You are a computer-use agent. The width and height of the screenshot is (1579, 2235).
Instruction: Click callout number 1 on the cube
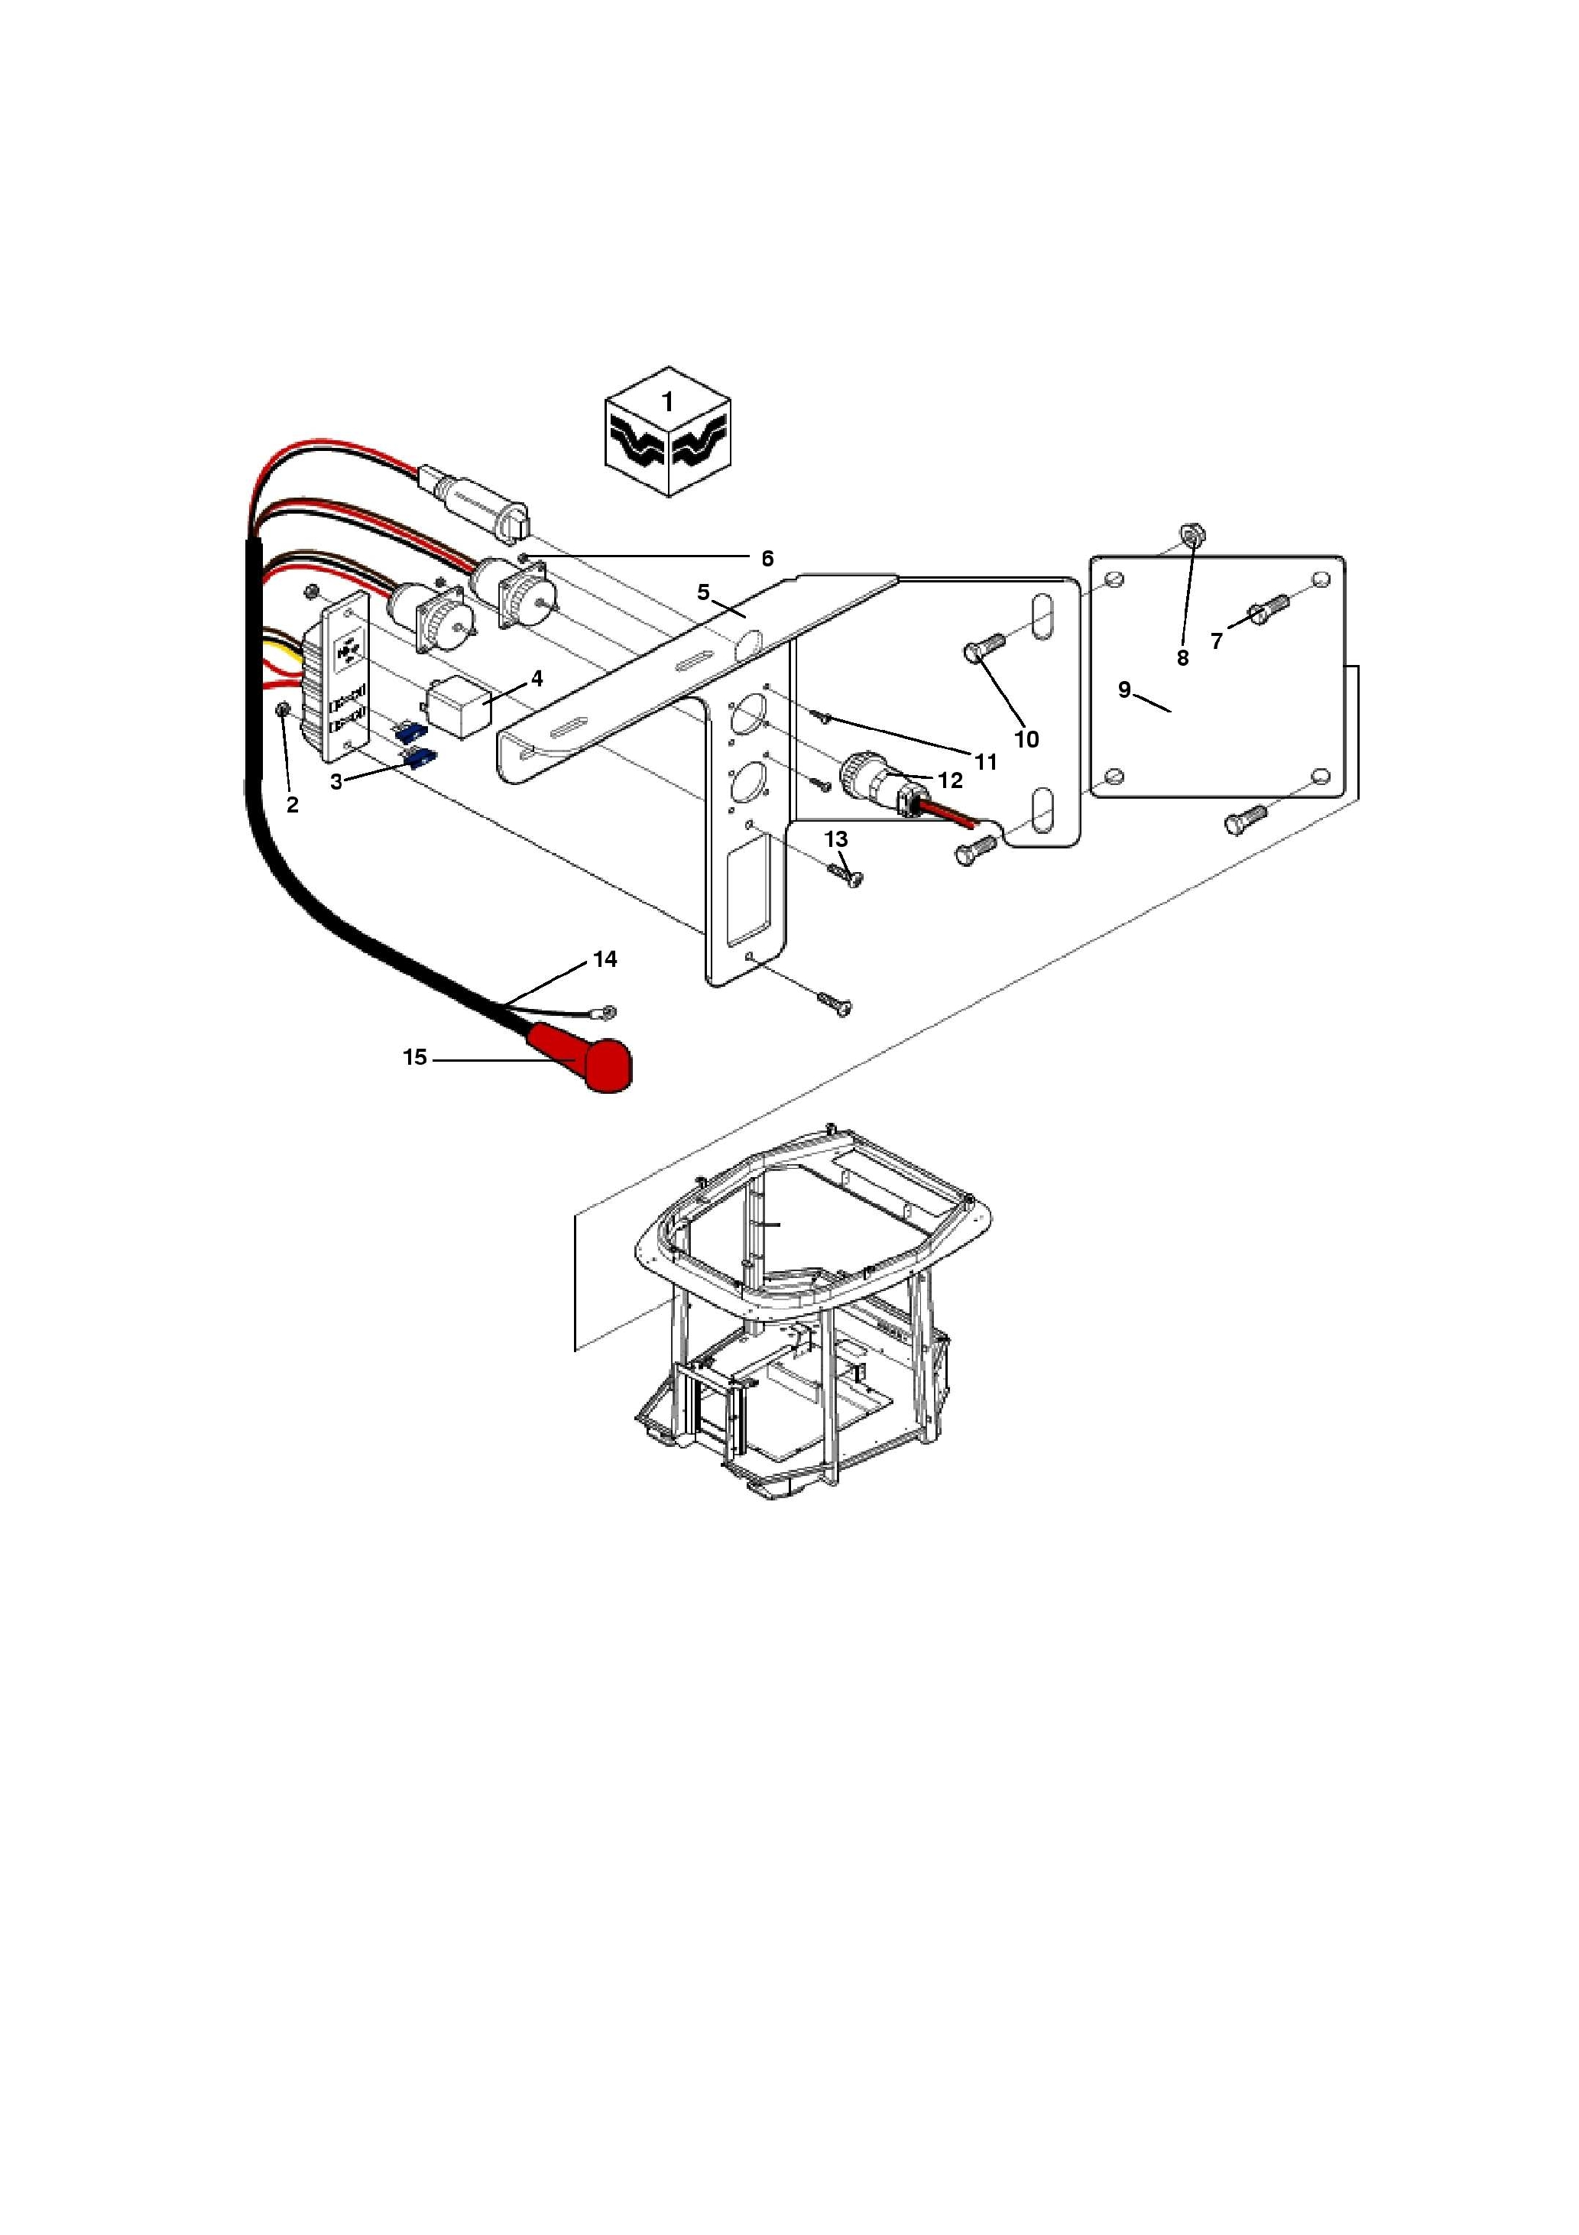tap(668, 402)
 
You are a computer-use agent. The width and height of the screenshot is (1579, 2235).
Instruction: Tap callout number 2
tap(292, 805)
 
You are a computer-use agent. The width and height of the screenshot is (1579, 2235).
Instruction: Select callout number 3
tap(336, 782)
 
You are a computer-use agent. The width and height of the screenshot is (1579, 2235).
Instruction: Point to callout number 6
tap(767, 559)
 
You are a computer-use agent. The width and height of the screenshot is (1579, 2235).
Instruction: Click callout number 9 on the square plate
tap(1124, 690)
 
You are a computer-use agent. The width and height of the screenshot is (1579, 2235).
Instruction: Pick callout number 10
tap(1026, 740)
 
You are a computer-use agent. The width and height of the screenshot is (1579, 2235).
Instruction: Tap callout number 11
tap(986, 762)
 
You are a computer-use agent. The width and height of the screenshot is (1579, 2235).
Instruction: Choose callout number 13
tap(836, 839)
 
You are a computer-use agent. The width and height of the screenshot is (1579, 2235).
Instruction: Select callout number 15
tap(415, 1057)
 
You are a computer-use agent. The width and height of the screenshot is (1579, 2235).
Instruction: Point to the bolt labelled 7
tap(1266, 610)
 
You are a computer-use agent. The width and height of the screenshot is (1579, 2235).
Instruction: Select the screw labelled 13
tap(845, 873)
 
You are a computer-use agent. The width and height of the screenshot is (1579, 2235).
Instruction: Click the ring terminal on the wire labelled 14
tap(608, 1012)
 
